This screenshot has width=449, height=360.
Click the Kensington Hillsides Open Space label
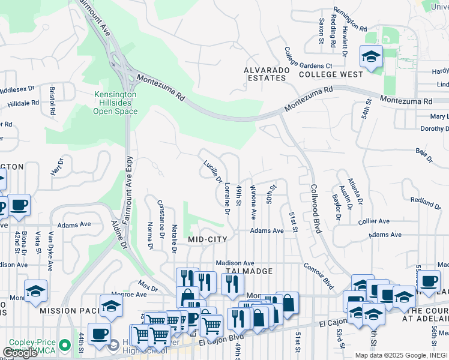coord(115,103)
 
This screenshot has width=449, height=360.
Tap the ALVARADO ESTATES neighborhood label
coord(265,74)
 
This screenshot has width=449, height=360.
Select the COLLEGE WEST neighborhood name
coord(331,74)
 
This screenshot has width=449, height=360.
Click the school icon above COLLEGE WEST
coord(370,58)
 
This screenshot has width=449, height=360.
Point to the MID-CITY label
coord(207,239)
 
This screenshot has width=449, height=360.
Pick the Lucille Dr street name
coord(212,172)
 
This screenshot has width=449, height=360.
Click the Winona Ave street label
coord(253,202)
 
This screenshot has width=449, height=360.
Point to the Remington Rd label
coord(350,19)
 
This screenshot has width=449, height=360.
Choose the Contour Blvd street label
coord(318,275)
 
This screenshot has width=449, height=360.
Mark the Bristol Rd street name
coord(52,101)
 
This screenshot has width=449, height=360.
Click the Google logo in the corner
coord(20,353)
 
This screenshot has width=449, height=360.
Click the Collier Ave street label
coord(375,221)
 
